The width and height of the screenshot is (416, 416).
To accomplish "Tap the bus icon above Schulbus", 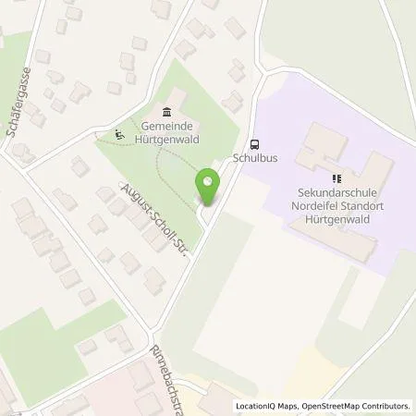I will pyautogui.click(x=255, y=143).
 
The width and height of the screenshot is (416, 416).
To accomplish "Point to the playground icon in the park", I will pyautogui.click(x=118, y=135).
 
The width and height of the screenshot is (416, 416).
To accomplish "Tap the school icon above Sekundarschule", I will pyautogui.click(x=336, y=178).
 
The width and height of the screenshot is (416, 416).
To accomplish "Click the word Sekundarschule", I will pyautogui.click(x=336, y=192).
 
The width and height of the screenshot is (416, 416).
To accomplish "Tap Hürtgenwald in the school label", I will pyautogui.click(x=336, y=218).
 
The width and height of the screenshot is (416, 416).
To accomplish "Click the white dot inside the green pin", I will pyautogui.click(x=207, y=181).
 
